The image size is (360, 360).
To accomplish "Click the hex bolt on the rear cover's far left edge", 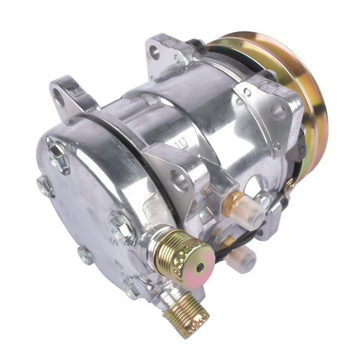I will click(x=44, y=186).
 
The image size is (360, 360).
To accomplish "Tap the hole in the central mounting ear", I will click(x=179, y=178).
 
